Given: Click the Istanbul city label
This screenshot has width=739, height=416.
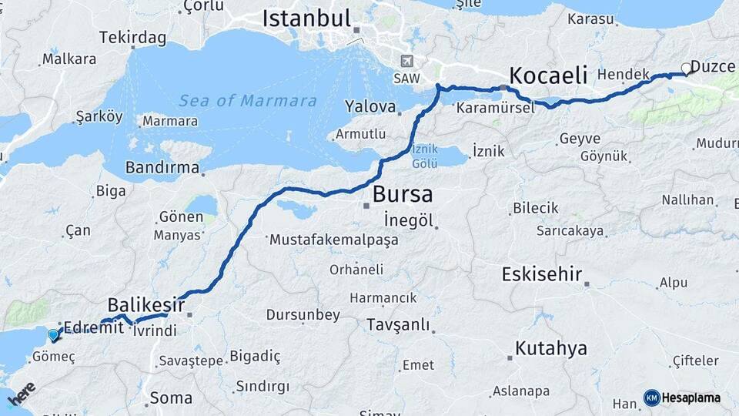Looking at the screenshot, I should (306, 18).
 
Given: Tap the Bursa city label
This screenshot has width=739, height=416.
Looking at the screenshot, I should (402, 194).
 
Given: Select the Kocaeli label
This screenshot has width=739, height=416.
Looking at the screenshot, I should (548, 75).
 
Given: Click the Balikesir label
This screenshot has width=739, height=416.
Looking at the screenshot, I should (146, 305).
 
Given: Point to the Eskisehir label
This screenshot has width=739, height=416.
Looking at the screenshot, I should (542, 274).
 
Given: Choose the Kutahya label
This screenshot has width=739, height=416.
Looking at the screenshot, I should (550, 348).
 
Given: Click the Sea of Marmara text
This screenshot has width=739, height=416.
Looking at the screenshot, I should (247, 100).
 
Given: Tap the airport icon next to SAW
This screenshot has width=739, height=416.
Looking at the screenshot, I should (406, 62).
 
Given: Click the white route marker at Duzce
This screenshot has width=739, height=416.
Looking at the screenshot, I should (687, 69).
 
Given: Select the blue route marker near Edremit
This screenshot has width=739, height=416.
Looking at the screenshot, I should (52, 335).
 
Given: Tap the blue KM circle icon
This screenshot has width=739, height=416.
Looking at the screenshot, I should (651, 398).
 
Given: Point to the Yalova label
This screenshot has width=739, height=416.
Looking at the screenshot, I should (370, 106).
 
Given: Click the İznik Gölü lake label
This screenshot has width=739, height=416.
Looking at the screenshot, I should (425, 157).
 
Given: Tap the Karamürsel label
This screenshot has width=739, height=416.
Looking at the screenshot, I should (495, 108).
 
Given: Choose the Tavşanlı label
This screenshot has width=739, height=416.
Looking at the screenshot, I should (398, 324).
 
